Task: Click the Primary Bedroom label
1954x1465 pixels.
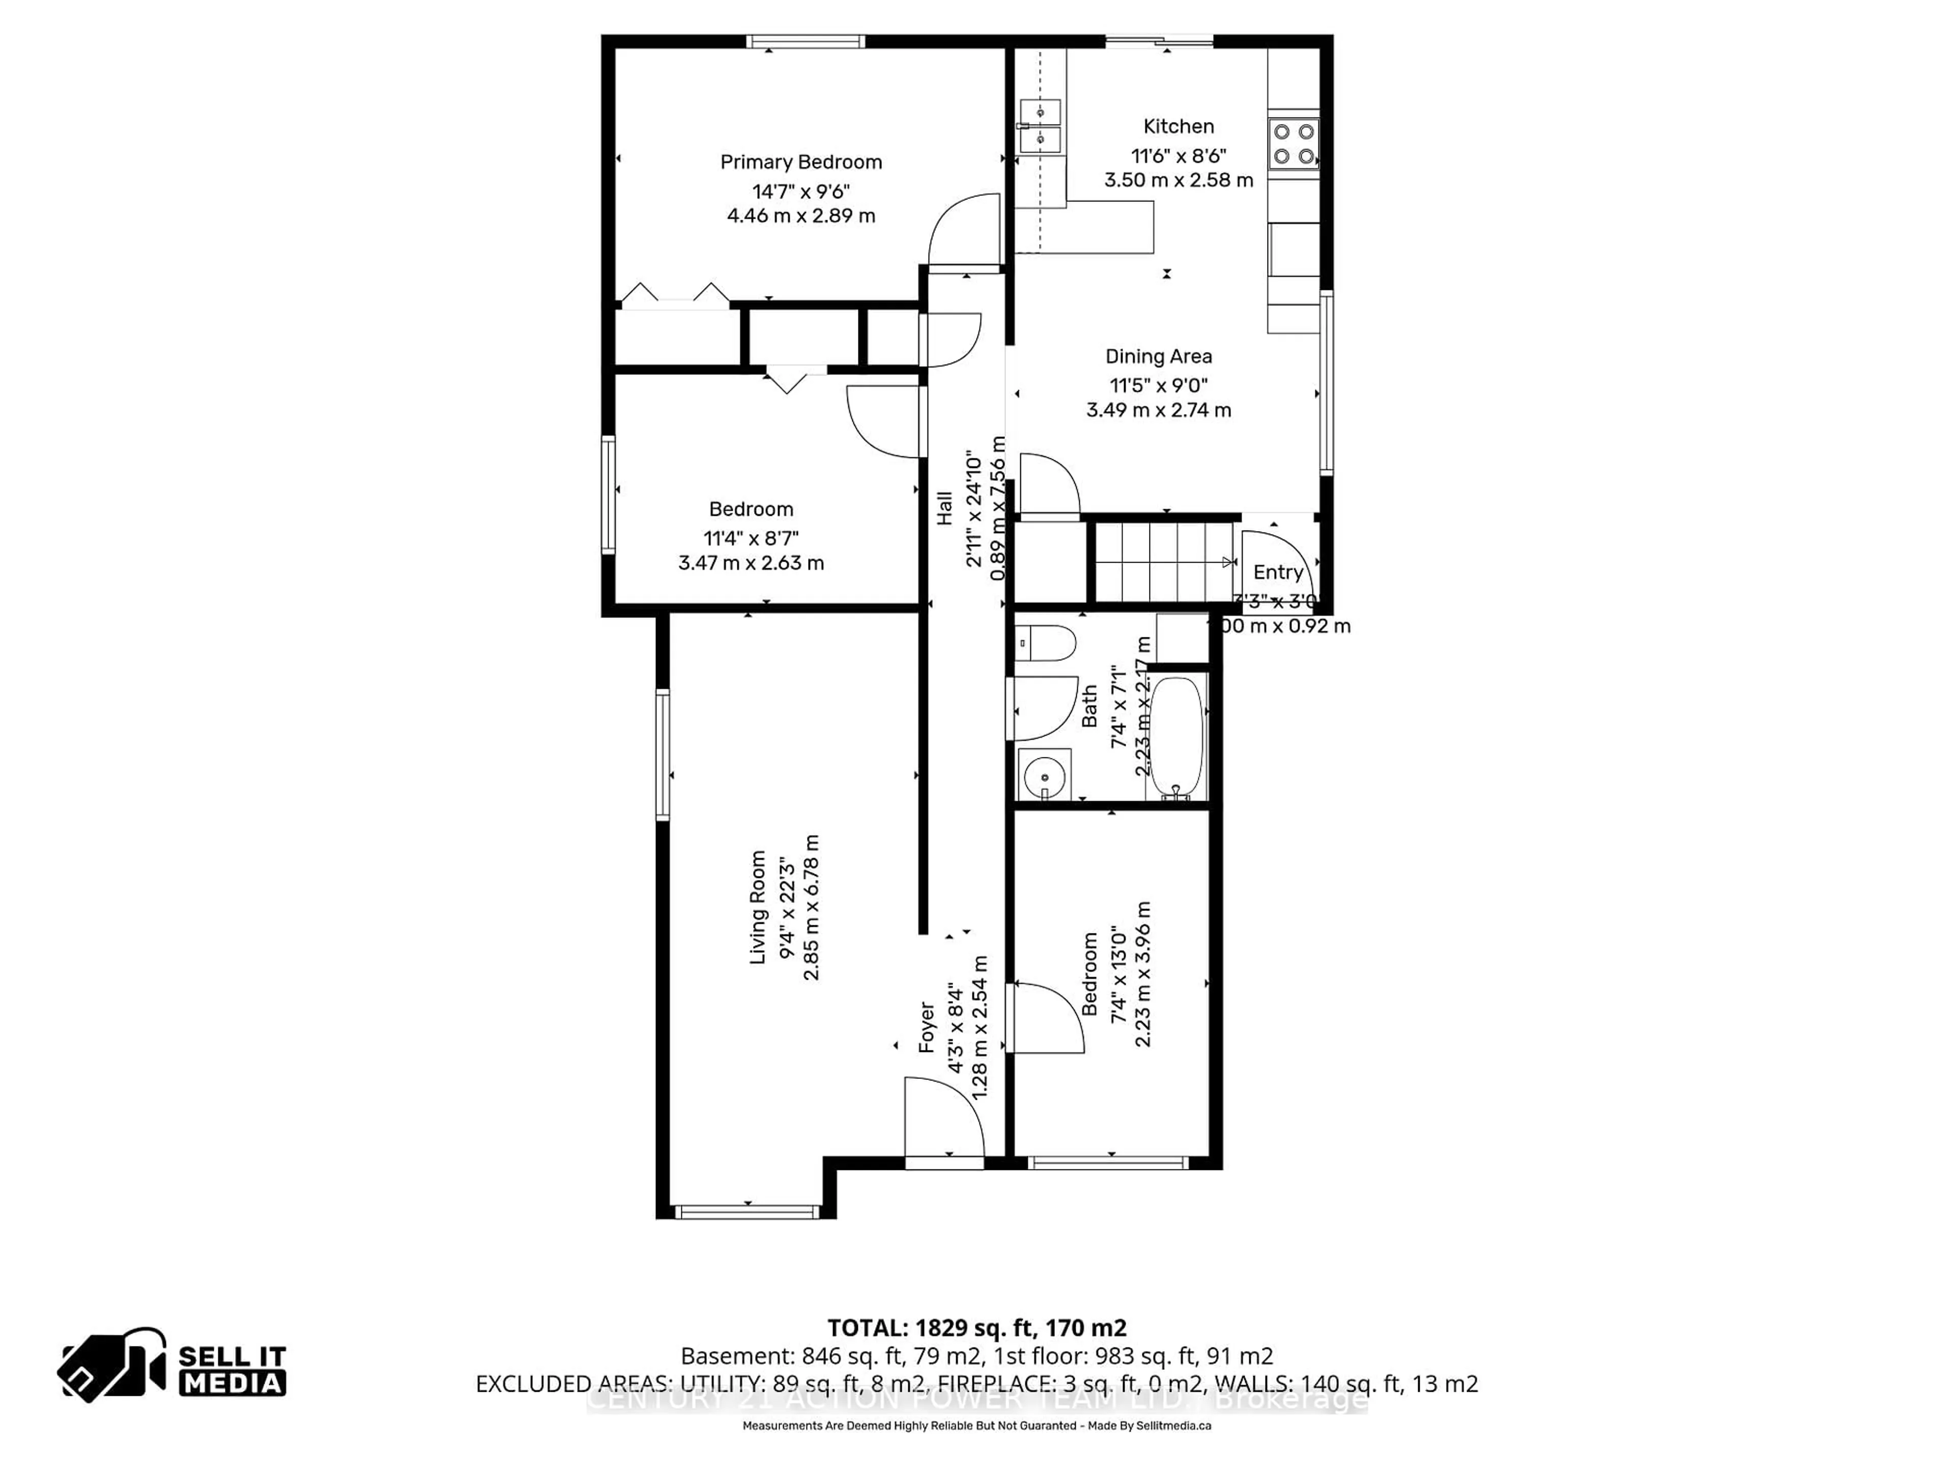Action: (x=800, y=162)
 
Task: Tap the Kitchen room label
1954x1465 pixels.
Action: (x=1179, y=126)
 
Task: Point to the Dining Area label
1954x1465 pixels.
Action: (x=1158, y=357)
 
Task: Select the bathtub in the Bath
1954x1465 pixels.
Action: (x=1176, y=738)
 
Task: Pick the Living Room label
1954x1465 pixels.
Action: (x=758, y=907)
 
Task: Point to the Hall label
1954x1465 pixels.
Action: (x=944, y=509)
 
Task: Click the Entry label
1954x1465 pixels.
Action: (x=1277, y=572)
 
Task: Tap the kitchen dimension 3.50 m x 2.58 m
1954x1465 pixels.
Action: (x=1179, y=180)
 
